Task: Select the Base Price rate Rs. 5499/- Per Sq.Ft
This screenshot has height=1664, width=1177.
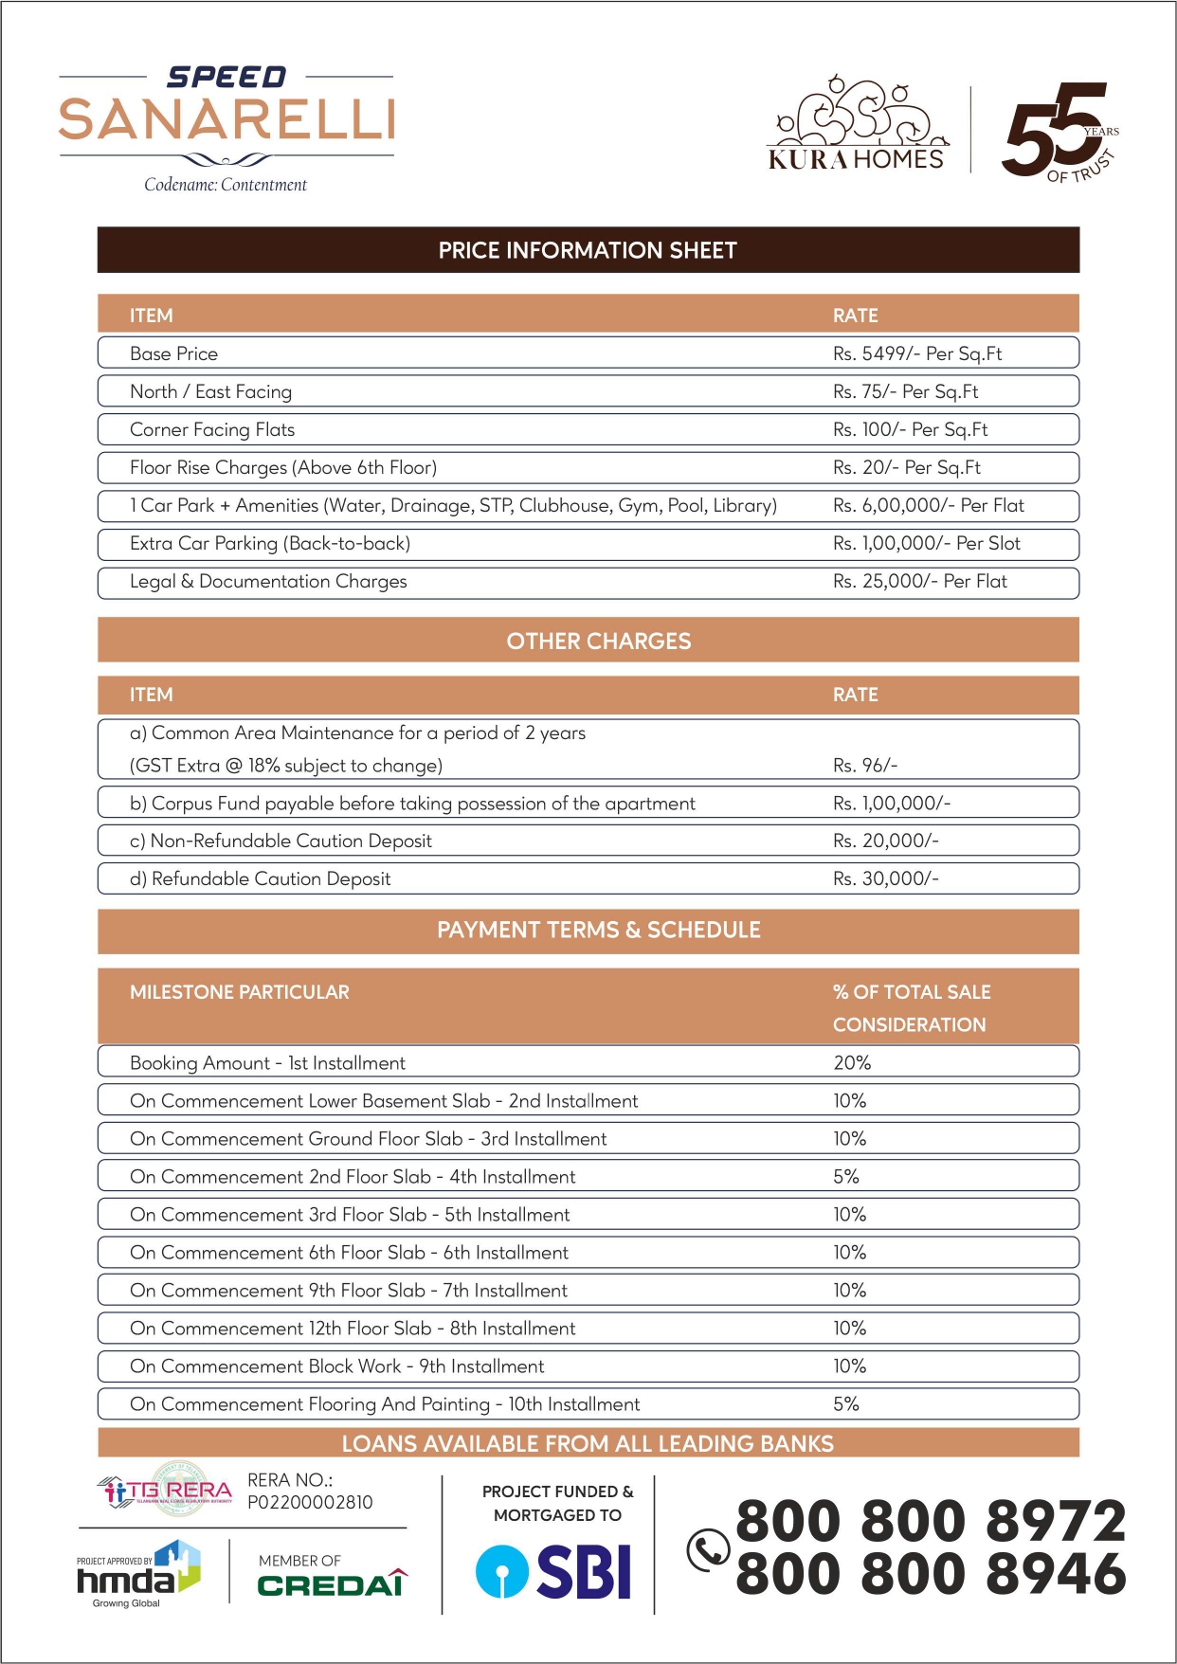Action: click(916, 353)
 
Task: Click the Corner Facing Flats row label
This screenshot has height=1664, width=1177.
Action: click(212, 429)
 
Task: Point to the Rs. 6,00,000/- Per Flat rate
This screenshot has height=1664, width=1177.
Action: click(928, 505)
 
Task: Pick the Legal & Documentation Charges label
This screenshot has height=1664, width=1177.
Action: click(268, 581)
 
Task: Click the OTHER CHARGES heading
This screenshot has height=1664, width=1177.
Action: click(598, 641)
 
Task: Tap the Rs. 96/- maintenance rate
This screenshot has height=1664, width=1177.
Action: click(864, 765)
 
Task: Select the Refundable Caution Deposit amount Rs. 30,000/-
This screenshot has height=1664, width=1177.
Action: click(885, 878)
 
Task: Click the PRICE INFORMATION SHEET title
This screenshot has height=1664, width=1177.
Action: click(588, 250)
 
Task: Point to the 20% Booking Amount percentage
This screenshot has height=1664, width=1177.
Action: click(851, 1062)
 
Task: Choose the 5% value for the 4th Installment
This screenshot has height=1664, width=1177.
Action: click(845, 1176)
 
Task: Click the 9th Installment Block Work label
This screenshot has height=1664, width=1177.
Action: click(336, 1366)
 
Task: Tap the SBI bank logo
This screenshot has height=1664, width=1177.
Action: click(553, 1571)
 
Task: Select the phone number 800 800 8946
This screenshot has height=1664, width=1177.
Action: click(931, 1574)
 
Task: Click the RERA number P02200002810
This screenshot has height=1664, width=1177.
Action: click(310, 1502)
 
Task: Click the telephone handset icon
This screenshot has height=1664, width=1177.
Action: click(707, 1550)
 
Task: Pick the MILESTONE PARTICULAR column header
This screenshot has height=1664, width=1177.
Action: click(239, 992)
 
